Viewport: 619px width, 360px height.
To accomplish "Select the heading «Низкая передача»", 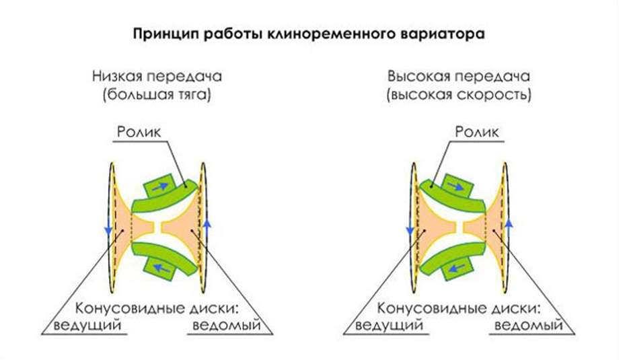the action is tap(157, 76).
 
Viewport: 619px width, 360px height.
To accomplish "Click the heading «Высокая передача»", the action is tap(458, 76).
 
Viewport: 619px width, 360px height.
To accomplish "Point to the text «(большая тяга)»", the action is tap(157, 95).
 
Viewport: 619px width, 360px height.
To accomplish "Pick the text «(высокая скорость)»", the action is tap(459, 95).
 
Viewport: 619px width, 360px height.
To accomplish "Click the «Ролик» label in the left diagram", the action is tap(139, 132).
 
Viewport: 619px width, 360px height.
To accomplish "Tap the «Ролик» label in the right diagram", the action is tap(477, 132).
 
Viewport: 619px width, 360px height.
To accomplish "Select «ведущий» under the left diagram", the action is tap(87, 326).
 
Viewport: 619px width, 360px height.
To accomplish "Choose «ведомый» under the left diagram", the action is tap(227, 326).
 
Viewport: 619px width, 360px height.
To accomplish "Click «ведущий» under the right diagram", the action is tap(390, 326).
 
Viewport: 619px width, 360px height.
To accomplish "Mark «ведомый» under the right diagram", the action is tap(529, 326).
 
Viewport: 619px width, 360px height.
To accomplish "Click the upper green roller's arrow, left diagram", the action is tap(159, 186).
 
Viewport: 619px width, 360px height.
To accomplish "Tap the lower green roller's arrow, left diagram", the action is tap(161, 268).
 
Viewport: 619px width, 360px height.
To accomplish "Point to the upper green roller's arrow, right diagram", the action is tap(456, 186).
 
